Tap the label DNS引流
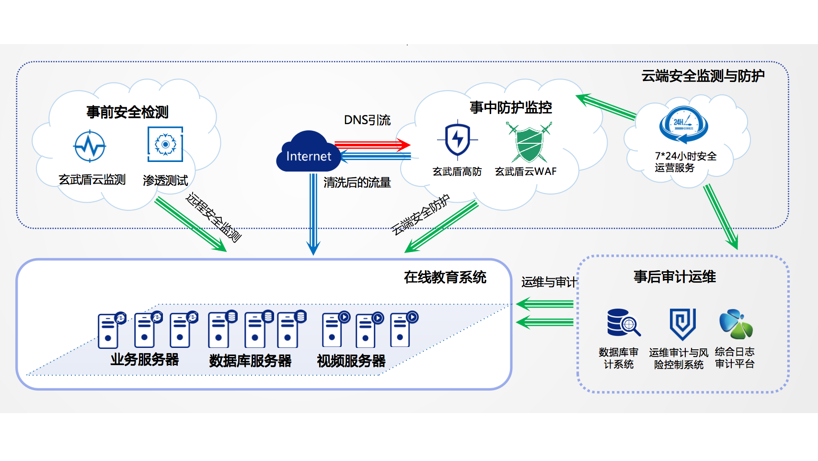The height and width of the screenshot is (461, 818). (367, 120)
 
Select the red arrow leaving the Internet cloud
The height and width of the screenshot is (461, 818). (372, 144)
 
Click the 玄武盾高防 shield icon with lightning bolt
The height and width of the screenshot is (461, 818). (457, 139)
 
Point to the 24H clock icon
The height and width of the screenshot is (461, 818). (684, 125)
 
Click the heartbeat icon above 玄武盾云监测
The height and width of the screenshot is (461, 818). (90, 146)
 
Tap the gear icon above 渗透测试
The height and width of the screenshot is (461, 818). (165, 144)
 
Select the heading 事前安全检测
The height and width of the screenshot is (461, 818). (127, 112)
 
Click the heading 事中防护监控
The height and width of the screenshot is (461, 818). (511, 107)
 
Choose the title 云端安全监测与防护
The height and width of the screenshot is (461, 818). (703, 76)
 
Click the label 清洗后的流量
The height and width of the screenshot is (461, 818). (357, 183)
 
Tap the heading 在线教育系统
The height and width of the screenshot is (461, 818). (445, 277)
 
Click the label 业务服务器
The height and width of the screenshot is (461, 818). (144, 359)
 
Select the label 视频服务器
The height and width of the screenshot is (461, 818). (351, 361)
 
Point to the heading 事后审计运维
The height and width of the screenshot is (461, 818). (675, 277)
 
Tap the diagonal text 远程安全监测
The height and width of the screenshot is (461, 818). (213, 217)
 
